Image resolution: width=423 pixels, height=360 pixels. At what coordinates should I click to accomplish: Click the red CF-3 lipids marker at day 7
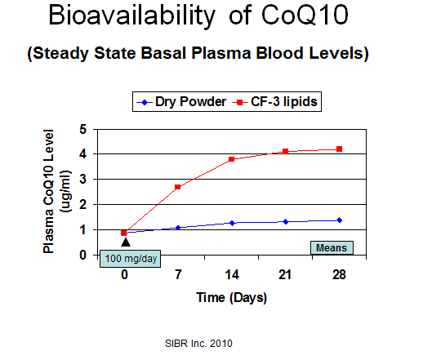(178, 187)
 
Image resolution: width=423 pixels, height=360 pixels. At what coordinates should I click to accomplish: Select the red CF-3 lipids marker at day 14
(232, 159)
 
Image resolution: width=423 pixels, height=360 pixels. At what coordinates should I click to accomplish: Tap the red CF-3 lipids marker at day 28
(339, 149)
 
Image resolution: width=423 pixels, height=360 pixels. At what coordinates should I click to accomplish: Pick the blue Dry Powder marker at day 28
(340, 220)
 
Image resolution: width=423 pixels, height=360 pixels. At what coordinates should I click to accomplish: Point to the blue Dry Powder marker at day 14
(232, 223)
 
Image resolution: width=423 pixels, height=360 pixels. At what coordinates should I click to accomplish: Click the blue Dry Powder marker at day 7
(178, 228)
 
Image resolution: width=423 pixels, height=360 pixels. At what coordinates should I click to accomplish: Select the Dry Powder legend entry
(181, 102)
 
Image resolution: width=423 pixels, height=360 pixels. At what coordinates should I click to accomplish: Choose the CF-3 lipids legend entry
(274, 102)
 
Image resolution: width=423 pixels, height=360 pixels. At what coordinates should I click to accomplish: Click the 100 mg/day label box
(130, 259)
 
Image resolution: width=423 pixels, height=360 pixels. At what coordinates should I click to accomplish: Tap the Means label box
(332, 248)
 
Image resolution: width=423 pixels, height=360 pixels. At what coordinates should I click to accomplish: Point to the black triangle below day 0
(126, 242)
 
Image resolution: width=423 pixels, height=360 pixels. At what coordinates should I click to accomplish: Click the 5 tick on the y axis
(83, 129)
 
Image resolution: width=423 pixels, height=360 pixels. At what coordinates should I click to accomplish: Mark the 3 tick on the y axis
(83, 180)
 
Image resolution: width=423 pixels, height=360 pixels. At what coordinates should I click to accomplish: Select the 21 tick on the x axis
(285, 274)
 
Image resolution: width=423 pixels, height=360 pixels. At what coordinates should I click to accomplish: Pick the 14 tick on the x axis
(232, 274)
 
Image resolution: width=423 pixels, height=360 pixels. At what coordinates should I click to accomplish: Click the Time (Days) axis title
(231, 298)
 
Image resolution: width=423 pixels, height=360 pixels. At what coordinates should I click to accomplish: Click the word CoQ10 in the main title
(305, 16)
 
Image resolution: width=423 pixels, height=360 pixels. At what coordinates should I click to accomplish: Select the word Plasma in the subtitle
(221, 53)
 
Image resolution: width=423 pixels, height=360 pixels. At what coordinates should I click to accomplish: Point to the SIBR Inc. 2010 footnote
(198, 344)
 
